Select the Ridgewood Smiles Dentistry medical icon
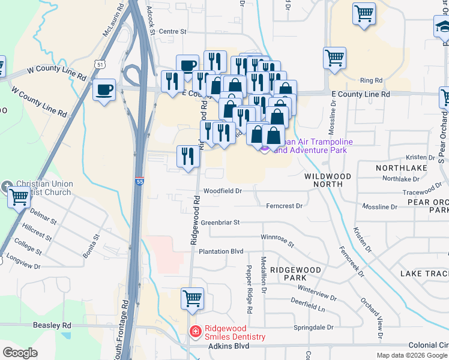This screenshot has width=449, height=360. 195,331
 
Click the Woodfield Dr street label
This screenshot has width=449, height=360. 222,191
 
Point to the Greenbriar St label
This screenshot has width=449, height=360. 220,222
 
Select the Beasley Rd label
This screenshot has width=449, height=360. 52,325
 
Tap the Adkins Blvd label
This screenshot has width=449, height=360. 228,346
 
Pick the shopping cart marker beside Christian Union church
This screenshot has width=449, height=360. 19,196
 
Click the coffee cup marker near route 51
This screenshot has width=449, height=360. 104,90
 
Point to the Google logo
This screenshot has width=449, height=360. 20,353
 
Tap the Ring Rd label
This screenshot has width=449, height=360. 371,80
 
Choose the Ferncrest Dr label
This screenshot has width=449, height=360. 284,206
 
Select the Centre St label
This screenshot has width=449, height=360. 173,31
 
